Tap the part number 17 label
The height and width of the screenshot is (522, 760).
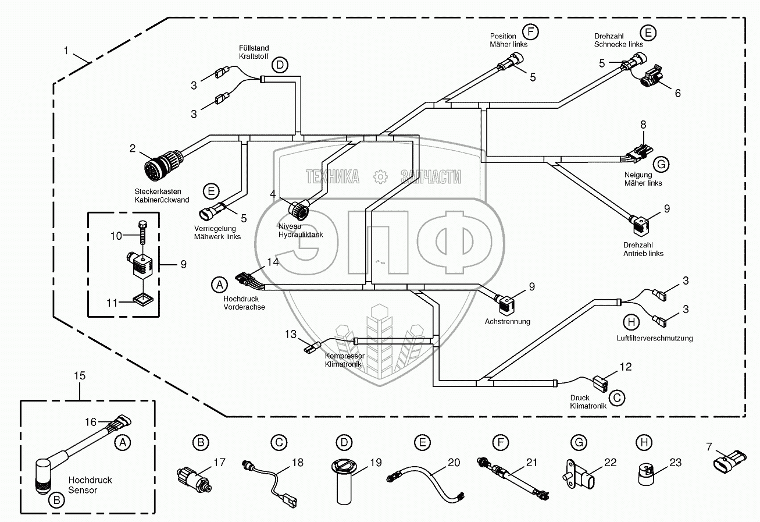click(x=219, y=463)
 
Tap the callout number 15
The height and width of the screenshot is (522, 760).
click(x=79, y=376)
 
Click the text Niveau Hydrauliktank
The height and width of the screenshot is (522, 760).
click(x=300, y=230)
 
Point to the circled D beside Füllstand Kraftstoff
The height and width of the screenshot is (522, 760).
click(x=280, y=65)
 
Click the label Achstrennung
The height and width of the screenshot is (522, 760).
click(x=507, y=321)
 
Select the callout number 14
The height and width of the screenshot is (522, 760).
click(x=273, y=261)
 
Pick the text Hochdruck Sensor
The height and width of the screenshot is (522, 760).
click(x=90, y=485)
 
